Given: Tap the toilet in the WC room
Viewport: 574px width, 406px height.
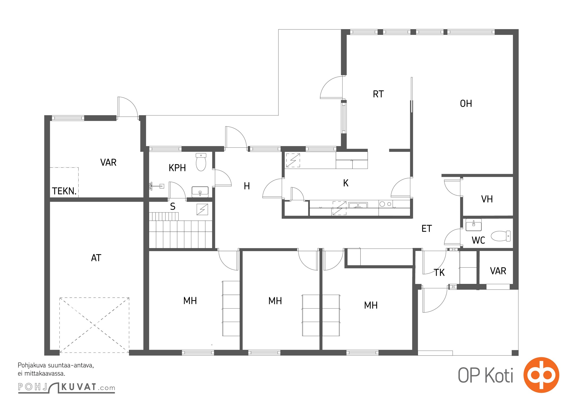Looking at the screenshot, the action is tap(501, 236).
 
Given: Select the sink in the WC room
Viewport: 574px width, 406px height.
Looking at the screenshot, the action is tap(474, 225).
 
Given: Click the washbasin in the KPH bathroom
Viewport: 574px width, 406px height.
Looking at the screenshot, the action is tap(200, 192).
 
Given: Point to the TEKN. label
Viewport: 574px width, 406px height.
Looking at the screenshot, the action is tap(64, 191).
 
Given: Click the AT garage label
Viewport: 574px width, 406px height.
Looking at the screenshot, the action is tap(96, 258).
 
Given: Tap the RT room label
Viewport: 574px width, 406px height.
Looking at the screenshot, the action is tap(378, 94).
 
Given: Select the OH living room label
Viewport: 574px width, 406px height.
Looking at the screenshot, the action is tap(466, 104).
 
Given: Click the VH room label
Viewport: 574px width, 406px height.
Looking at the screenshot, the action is tap(487, 199).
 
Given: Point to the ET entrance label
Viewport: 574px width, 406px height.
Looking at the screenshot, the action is tap(427, 229).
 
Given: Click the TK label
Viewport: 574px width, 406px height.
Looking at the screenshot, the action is tap(439, 273).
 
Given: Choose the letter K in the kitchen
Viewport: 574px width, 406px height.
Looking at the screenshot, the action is tap(346, 183).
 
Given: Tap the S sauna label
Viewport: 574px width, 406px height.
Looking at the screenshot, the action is tap(173, 207).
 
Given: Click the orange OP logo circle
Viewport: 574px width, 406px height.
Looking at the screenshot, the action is tap(541, 375).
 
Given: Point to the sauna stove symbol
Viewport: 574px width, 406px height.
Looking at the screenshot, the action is tap(202, 210).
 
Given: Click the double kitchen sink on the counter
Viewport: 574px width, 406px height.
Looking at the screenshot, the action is tap(358, 205).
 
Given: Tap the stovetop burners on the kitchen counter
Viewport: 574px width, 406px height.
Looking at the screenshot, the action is tap(385, 204).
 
